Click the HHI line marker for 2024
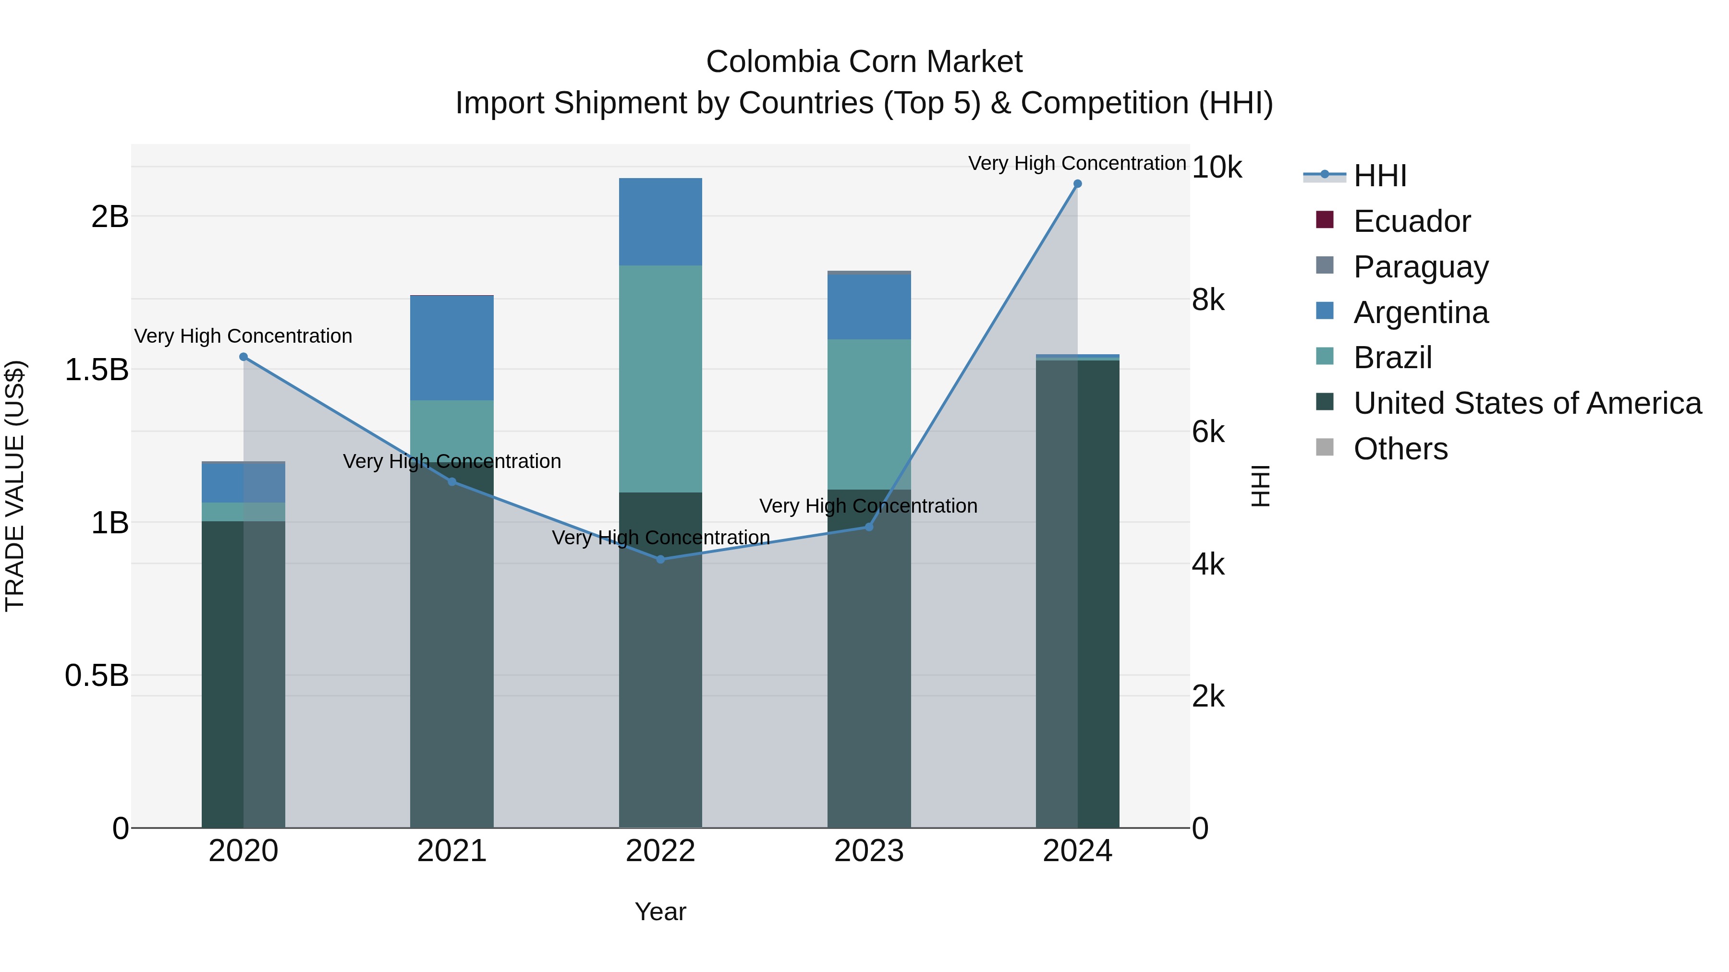[x=1077, y=184]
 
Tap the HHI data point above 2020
[x=244, y=357]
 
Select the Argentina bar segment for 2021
[x=452, y=348]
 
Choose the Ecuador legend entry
[x=1412, y=221]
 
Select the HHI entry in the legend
[x=1379, y=176]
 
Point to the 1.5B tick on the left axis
[x=96, y=370]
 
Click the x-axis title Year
[x=660, y=912]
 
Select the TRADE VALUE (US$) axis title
[x=15, y=486]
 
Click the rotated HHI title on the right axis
[x=1261, y=486]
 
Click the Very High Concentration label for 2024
[x=1077, y=163]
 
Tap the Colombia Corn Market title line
[x=864, y=62]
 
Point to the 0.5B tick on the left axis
[x=96, y=675]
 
